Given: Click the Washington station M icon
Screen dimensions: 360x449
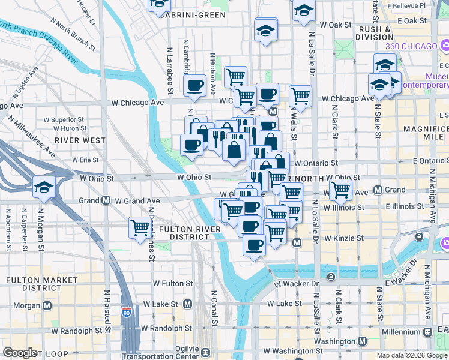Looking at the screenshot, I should (362, 341).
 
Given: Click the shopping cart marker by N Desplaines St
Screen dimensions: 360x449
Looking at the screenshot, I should (140, 229).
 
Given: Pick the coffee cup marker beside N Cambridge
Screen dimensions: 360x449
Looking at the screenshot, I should (194, 87).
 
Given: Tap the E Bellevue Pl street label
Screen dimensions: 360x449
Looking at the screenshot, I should (411, 5).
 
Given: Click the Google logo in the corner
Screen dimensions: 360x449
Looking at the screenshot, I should (19, 353).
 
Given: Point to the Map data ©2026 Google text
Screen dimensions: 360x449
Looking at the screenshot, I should (411, 355).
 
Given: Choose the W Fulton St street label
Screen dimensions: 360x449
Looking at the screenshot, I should (173, 283).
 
